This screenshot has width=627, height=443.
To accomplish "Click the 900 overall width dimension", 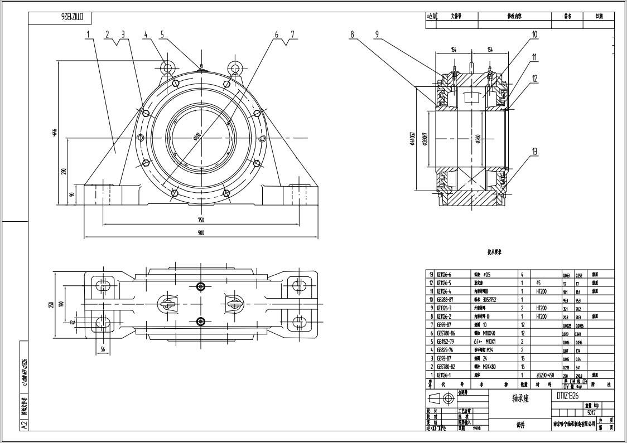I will (x=200, y=233).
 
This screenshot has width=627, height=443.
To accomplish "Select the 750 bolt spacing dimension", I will (x=200, y=220).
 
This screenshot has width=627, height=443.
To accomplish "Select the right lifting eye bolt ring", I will (x=235, y=68).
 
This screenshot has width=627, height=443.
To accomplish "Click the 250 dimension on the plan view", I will (x=51, y=304).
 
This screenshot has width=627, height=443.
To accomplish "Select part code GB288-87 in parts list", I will (x=445, y=299).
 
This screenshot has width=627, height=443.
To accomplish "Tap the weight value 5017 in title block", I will (x=591, y=413).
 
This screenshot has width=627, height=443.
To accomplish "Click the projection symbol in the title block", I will (x=441, y=398).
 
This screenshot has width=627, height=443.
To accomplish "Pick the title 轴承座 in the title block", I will (x=520, y=399).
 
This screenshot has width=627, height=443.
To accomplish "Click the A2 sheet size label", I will (x=24, y=425).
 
